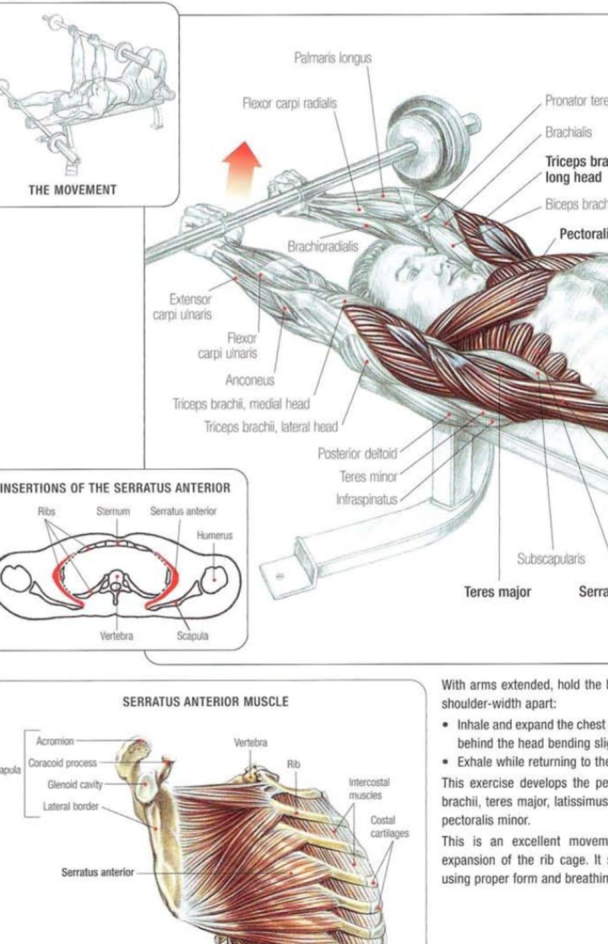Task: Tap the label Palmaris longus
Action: tap(332, 58)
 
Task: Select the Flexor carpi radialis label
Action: tap(289, 103)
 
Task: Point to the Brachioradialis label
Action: tap(323, 246)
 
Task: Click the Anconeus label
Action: tap(249, 380)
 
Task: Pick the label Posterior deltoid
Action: tap(357, 454)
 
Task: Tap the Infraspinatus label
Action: tap(366, 500)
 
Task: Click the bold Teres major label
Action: tap(498, 592)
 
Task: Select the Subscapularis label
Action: tap(551, 559)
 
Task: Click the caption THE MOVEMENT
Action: tap(72, 190)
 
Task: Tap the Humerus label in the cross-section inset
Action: tap(214, 535)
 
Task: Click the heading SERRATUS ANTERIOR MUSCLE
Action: tap(205, 702)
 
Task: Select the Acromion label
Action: tap(55, 741)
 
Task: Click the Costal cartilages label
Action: tap(389, 827)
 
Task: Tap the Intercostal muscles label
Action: tap(368, 789)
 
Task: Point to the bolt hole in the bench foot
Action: tap(280, 576)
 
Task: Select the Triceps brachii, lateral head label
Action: tap(271, 427)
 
